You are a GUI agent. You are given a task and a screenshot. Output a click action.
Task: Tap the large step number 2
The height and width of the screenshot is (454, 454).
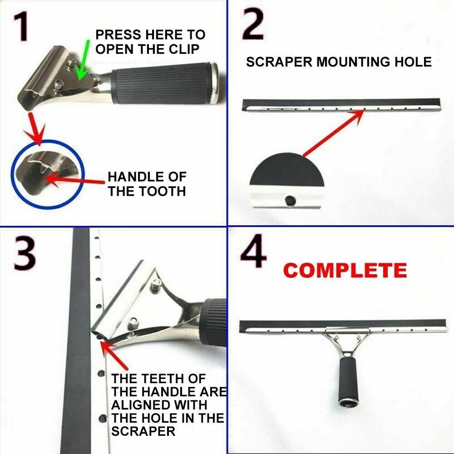tap(253, 25)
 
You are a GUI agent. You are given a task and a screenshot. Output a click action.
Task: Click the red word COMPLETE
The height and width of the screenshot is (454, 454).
tap(345, 271)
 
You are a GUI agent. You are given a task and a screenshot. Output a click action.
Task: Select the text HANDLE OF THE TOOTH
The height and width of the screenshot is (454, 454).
tap(147, 184)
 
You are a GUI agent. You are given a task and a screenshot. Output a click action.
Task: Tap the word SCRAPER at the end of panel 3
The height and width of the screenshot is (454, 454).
tap(143, 431)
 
